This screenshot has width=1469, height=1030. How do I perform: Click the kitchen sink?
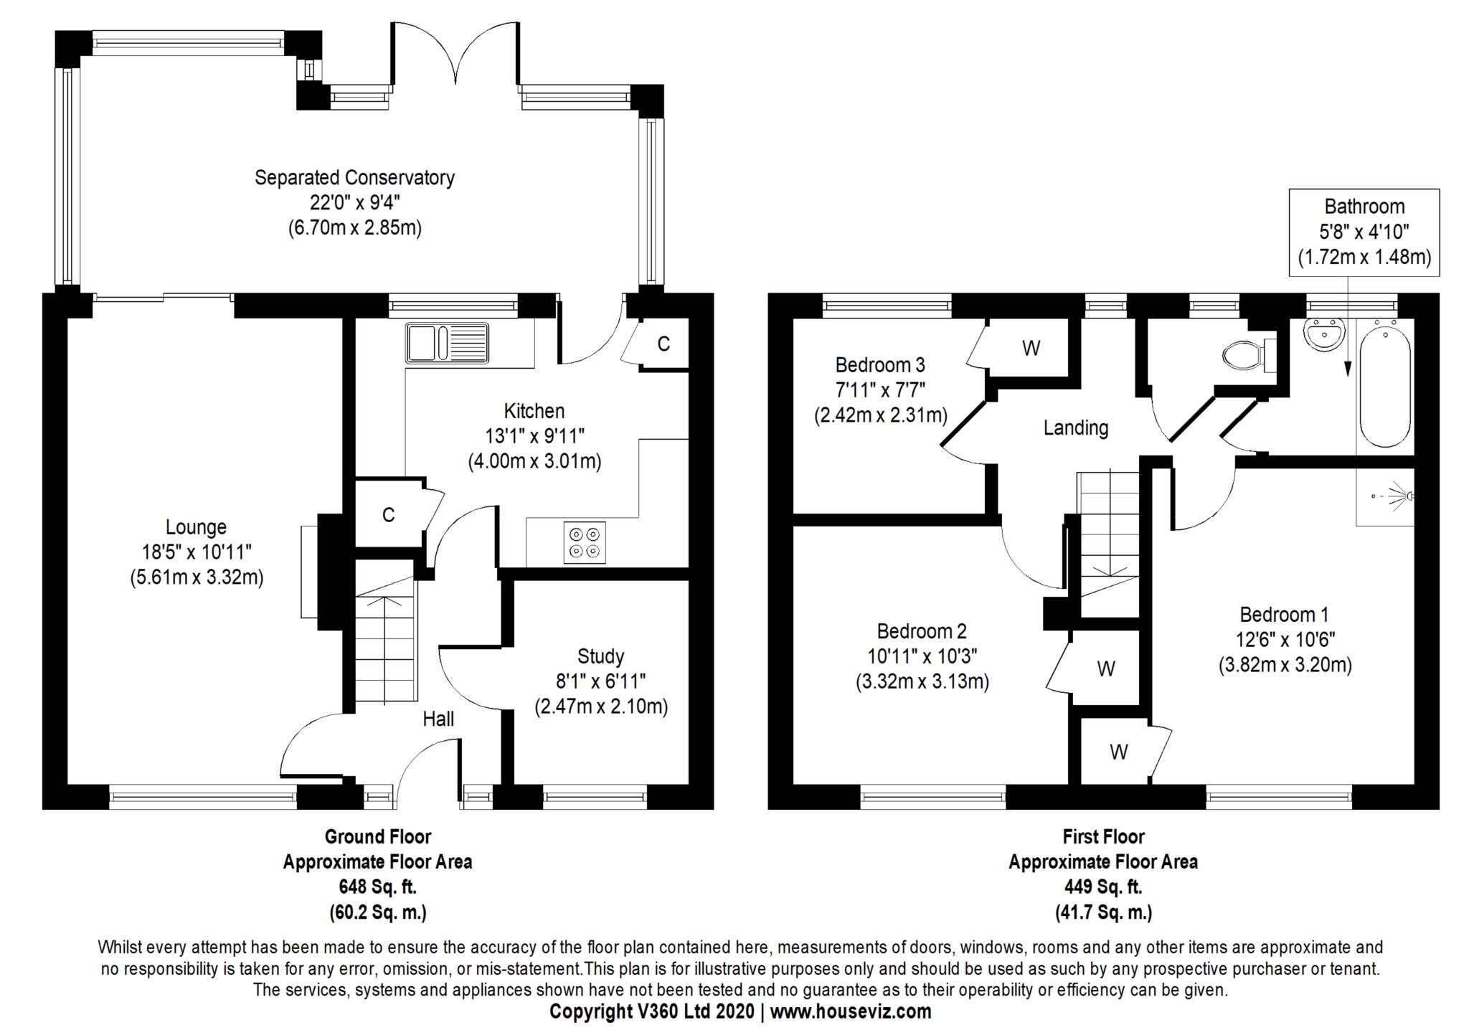pyautogui.click(x=446, y=343)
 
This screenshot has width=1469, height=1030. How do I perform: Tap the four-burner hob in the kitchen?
pyautogui.click(x=584, y=542)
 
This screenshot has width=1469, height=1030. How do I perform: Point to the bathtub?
pyautogui.click(x=1385, y=389)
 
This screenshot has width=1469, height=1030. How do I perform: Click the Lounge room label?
pyautogui.click(x=196, y=527)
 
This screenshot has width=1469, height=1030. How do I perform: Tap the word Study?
pyautogui.click(x=600, y=656)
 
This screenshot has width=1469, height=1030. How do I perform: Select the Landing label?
pyautogui.click(x=1075, y=428)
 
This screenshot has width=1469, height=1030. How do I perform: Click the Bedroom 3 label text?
pyautogui.click(x=880, y=365)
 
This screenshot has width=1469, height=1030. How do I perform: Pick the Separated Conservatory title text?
pyautogui.click(x=354, y=177)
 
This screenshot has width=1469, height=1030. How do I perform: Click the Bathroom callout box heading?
pyautogui.click(x=1364, y=207)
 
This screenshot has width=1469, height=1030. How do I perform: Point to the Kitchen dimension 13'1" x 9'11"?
pyautogui.click(x=534, y=436)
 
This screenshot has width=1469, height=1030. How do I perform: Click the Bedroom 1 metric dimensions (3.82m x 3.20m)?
pyautogui.click(x=1285, y=665)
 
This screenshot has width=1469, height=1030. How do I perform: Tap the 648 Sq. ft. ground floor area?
pyautogui.click(x=377, y=887)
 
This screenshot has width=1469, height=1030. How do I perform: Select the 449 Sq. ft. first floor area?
pyautogui.click(x=1103, y=887)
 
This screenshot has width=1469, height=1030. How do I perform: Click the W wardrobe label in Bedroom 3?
pyautogui.click(x=1031, y=348)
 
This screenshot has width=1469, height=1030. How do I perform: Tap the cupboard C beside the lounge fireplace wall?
pyautogui.click(x=388, y=514)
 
